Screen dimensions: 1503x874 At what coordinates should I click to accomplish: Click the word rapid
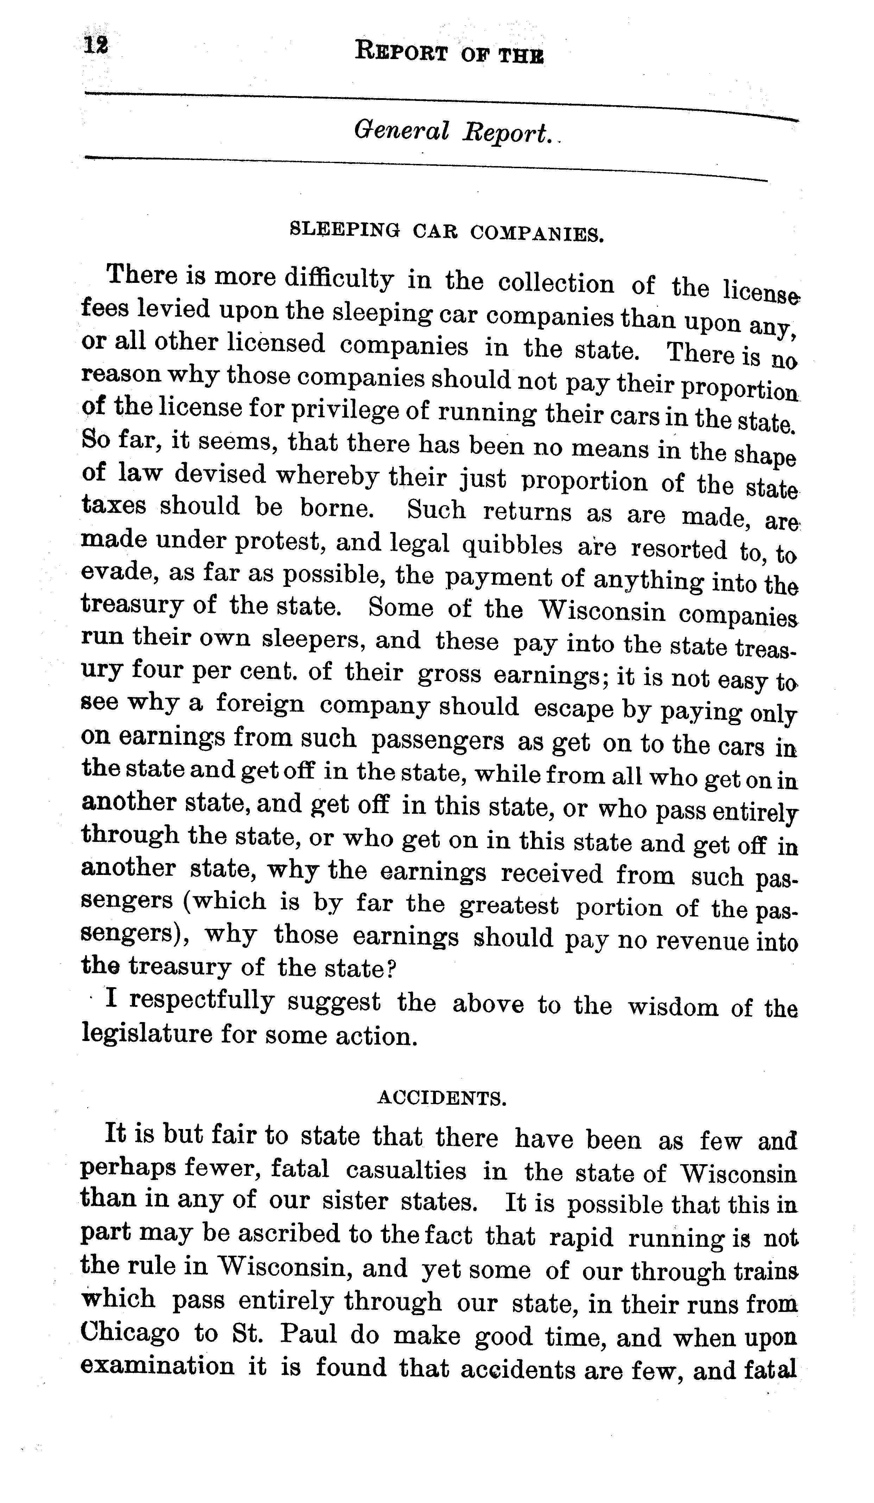point(581,1238)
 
